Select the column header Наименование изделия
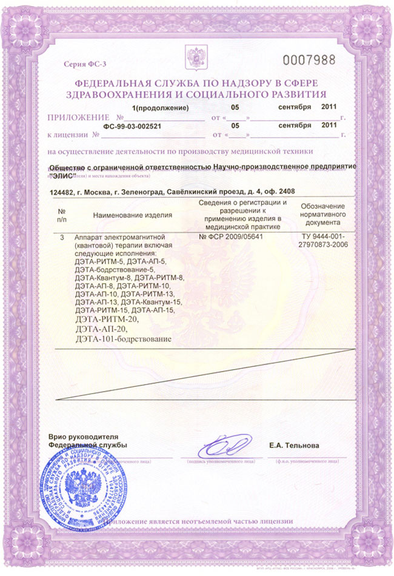click(133, 215)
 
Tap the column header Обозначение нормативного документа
click(322, 215)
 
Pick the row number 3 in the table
click(62, 237)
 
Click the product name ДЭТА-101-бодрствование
click(124, 338)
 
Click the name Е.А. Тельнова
click(294, 446)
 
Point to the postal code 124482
click(62, 190)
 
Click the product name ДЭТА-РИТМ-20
click(104, 319)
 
